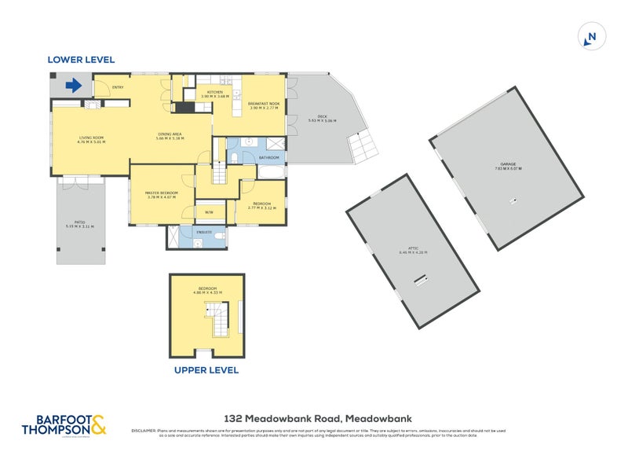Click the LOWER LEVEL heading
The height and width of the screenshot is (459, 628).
(81, 60)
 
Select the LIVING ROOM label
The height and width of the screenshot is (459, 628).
(91, 140)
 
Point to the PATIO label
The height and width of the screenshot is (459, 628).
(79, 225)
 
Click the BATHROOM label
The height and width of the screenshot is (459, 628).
(268, 158)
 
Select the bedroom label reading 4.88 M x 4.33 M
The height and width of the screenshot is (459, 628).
(208, 291)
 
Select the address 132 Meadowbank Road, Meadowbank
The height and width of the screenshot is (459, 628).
(320, 419)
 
